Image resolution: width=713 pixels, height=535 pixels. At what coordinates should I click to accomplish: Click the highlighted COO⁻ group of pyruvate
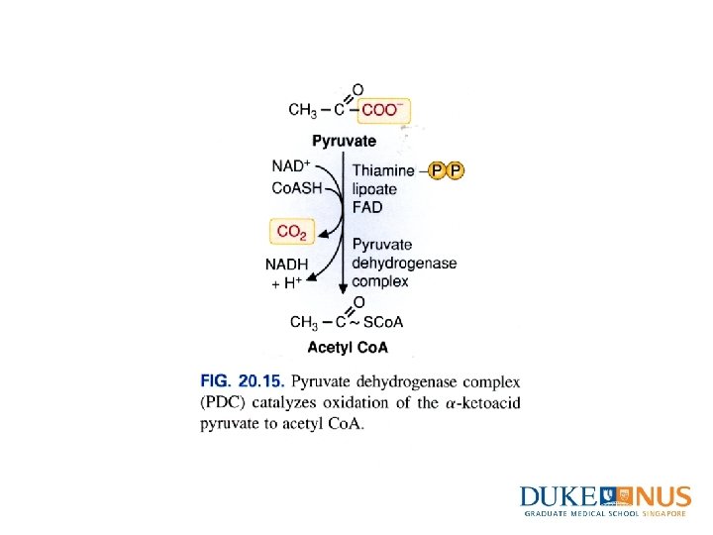(385, 111)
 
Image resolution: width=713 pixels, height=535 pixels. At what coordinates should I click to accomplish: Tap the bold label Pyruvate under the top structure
(346, 142)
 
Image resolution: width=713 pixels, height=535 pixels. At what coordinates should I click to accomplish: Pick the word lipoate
(374, 189)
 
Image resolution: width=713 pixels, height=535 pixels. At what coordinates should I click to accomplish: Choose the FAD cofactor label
(367, 208)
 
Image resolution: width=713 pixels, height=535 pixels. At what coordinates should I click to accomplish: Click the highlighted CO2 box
(292, 233)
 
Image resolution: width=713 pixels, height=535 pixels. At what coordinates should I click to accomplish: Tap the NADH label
(287, 264)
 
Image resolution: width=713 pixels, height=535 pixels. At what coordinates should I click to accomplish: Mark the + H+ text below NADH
(287, 282)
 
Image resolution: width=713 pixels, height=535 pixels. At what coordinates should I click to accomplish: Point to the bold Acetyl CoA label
(348, 348)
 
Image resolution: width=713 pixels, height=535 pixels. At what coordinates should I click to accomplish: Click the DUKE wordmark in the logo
(559, 497)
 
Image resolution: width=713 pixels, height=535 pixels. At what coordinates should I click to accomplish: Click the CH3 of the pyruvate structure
(303, 110)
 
